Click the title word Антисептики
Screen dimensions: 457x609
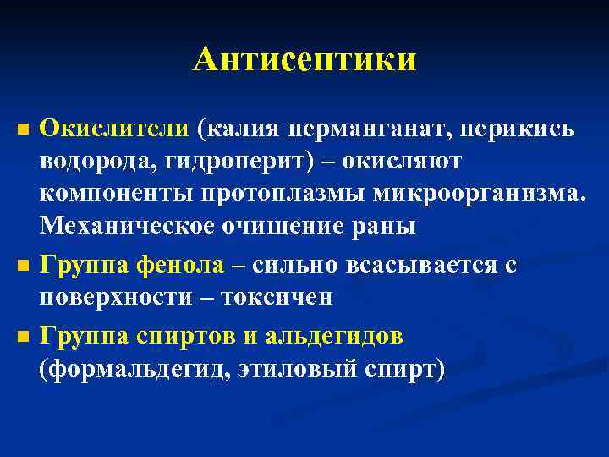304,60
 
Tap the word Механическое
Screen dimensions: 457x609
129,227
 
